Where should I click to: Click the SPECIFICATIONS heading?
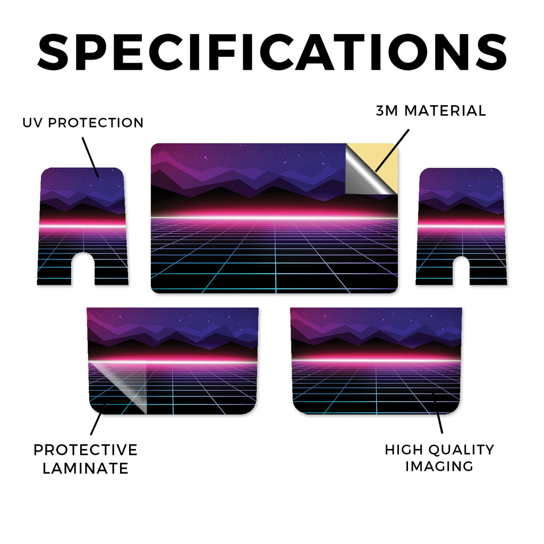[x=272, y=52]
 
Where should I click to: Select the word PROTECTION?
[x=96, y=123]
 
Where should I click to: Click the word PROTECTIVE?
[x=86, y=450]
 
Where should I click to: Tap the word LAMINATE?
[x=86, y=469]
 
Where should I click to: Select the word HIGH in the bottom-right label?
[x=404, y=449]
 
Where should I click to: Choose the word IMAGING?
[x=439, y=466]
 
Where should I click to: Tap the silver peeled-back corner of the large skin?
[x=364, y=177]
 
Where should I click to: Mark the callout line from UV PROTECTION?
[x=90, y=157]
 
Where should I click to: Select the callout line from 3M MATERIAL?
[x=393, y=150]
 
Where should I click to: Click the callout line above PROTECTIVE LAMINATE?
[x=96, y=423]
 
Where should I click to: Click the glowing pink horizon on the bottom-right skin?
[x=376, y=359]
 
